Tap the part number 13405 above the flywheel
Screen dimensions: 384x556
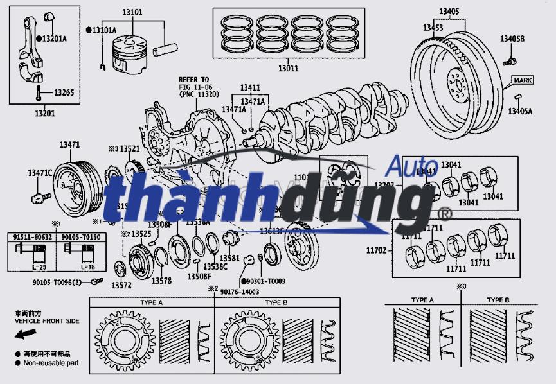coord(449,12)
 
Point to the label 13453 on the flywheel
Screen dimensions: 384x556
coord(433,28)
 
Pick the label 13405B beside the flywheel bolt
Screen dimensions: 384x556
coord(512,39)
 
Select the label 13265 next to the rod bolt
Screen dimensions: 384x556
coord(63,93)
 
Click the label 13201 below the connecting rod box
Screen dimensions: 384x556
coord(44,114)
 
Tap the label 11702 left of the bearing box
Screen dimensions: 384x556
coord(377,250)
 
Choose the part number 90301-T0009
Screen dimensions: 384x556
coord(265,281)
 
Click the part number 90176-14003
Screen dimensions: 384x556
coord(239,292)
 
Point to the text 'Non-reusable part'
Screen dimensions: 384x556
coord(51,363)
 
